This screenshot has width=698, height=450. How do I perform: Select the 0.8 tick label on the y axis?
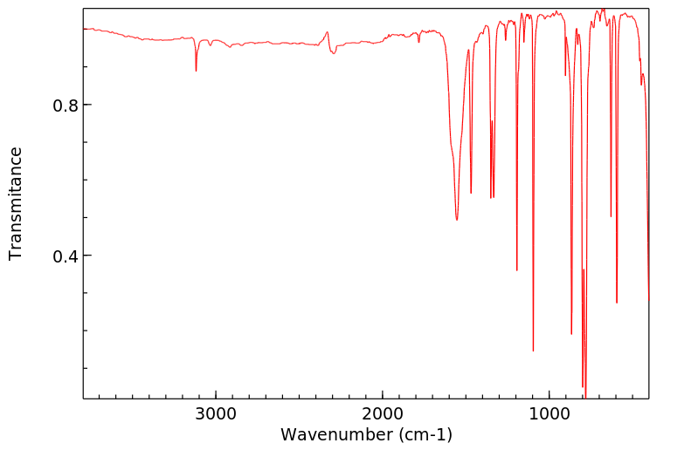point(66,106)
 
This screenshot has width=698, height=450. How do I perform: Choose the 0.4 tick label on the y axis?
point(66,256)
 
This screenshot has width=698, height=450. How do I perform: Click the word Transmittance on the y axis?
point(16,203)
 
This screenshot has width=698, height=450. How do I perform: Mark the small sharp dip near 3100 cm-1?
point(196,71)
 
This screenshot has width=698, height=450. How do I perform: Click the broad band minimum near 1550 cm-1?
point(457,219)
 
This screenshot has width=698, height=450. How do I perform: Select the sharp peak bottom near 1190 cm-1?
point(517,269)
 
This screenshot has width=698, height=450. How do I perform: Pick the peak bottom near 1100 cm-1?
point(533,351)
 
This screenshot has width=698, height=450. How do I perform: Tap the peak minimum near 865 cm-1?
point(571,333)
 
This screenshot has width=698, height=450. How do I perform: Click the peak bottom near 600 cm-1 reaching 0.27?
point(617,303)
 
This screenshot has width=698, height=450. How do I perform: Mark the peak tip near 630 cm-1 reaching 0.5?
point(611,216)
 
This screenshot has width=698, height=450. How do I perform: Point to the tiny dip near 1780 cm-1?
point(418,41)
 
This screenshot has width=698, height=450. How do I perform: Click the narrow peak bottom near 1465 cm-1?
point(471,193)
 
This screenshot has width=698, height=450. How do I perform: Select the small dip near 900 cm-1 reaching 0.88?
point(565,75)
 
